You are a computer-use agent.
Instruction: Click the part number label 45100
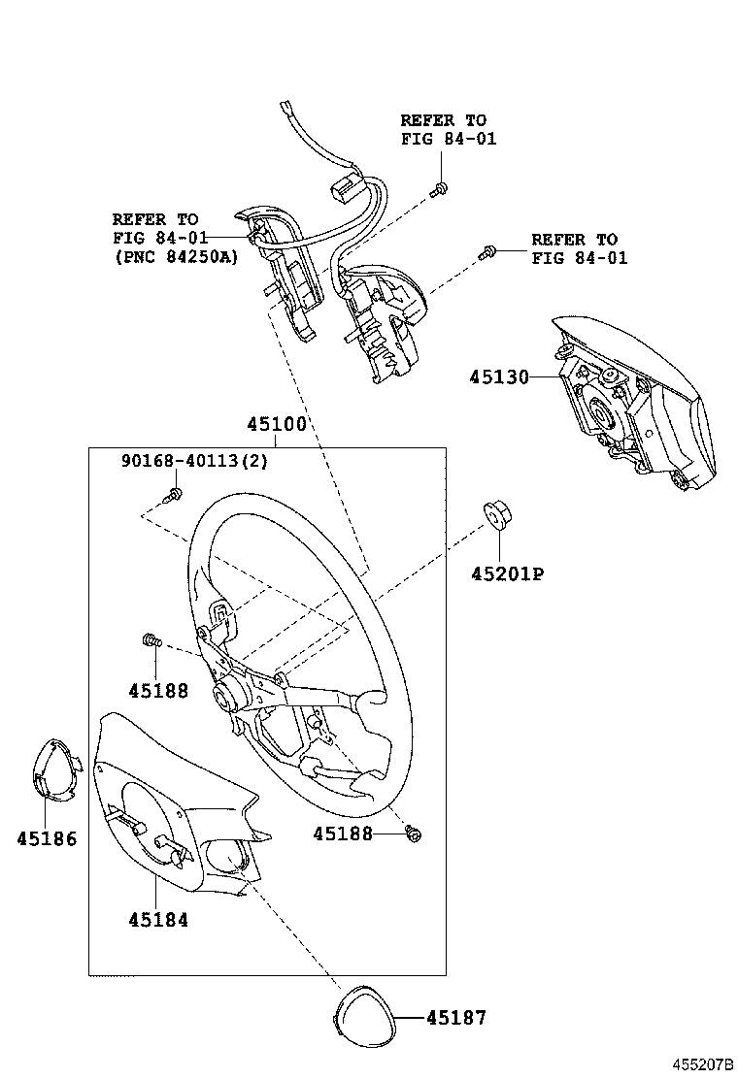point(276,424)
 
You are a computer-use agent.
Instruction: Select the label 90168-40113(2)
point(194,461)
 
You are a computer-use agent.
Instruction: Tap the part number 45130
point(500,376)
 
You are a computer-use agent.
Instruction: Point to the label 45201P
point(507,574)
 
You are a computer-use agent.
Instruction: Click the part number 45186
point(46,838)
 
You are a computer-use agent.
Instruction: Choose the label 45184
point(157,920)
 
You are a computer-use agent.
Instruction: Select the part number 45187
point(455,1018)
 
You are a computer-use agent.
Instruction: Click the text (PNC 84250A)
point(174,256)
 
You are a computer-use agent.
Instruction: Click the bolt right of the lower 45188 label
point(414,833)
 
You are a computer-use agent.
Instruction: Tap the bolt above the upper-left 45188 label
point(150,639)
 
